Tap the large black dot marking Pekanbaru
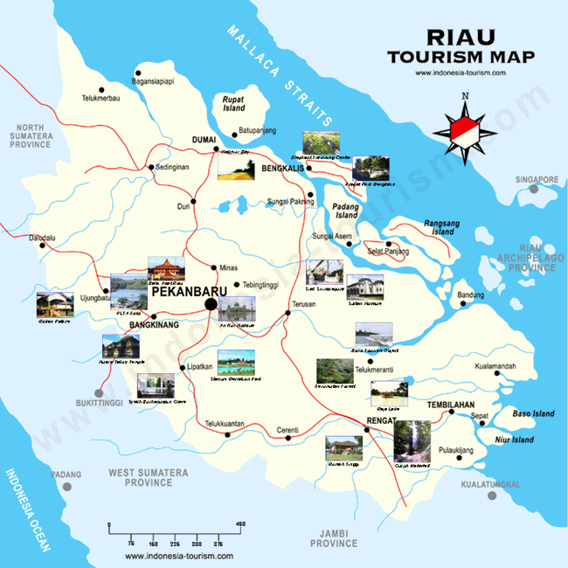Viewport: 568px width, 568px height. click(x=211, y=304)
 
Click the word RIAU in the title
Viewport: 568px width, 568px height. click(x=460, y=38)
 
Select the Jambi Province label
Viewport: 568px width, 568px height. click(x=335, y=537)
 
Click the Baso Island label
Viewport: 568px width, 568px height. click(x=533, y=413)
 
